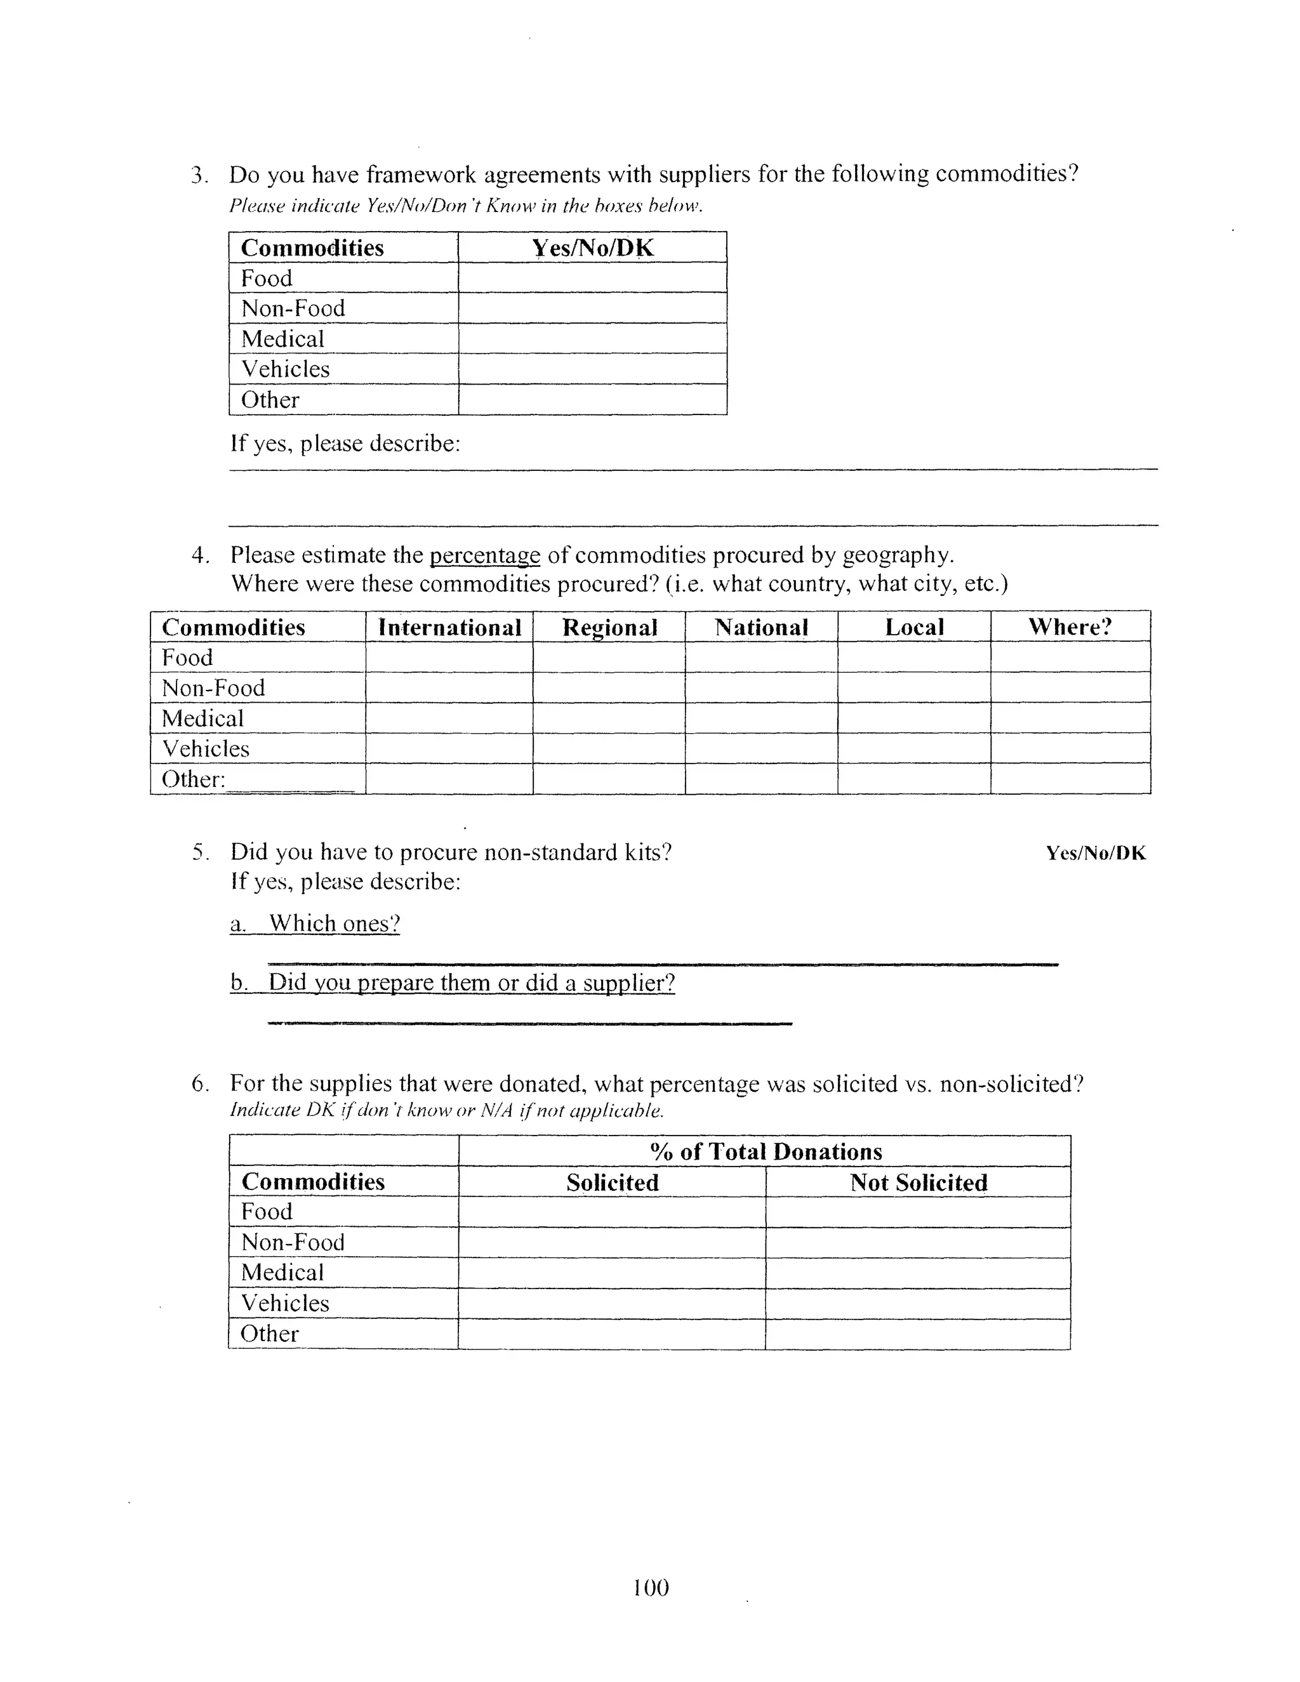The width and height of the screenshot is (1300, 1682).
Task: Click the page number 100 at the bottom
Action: pos(651,1587)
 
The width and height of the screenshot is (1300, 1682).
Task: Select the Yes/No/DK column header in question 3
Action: pos(592,248)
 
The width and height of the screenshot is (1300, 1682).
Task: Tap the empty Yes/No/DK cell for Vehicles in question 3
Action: pos(592,369)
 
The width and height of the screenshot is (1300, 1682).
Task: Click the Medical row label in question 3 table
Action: pos(282,339)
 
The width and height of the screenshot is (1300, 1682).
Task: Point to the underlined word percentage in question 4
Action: pos(484,555)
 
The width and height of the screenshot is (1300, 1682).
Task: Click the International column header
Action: pos(450,627)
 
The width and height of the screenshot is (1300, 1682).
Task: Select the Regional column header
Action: pos(609,627)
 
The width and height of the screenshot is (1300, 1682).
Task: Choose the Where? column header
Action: pos(1070,627)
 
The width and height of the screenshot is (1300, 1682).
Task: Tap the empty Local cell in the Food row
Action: pos(913,657)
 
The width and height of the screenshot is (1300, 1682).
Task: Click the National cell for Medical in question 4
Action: pos(761,718)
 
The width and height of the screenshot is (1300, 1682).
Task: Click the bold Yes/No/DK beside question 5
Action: pos(1095,853)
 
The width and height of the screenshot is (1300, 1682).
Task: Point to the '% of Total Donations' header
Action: pos(766,1151)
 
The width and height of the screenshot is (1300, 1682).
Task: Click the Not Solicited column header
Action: pos(918,1182)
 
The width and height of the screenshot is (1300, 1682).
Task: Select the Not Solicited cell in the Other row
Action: pos(918,1334)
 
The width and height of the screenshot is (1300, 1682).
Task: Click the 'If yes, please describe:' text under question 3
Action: pos(345,444)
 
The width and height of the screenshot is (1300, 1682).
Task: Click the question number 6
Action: pos(199,1084)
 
